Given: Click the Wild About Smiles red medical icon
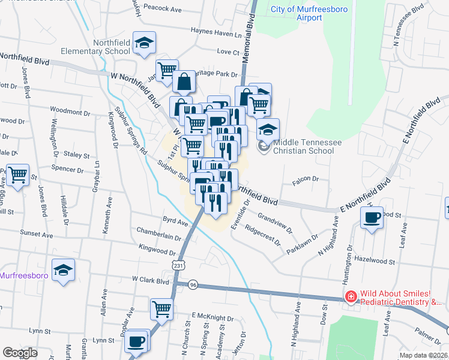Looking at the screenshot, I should [x=349, y=296].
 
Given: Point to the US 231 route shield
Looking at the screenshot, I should [x=177, y=265].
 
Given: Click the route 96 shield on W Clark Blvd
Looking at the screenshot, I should [x=193, y=284].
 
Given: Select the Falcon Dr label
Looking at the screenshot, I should [x=305, y=179].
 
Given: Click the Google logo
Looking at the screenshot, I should [x=20, y=353].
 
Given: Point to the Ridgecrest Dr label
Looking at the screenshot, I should [x=262, y=236].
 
